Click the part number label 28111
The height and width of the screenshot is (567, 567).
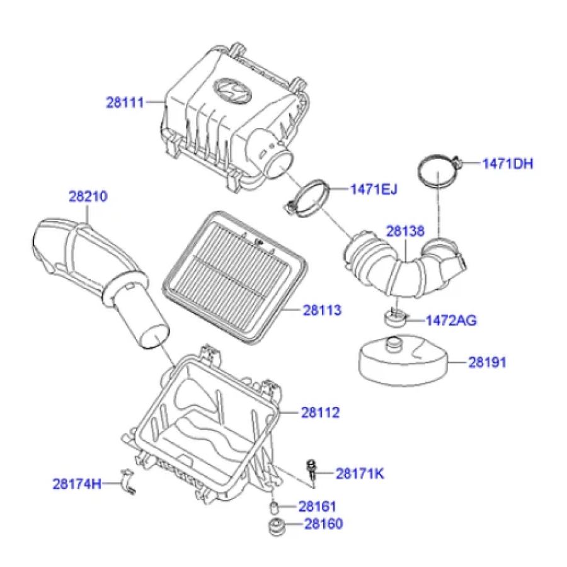point(125,101)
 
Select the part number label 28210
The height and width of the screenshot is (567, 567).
point(88,197)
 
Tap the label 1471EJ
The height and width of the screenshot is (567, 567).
point(374,188)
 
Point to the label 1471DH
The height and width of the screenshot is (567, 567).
point(508,164)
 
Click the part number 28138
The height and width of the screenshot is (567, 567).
point(405,231)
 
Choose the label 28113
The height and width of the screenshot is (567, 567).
point(321,310)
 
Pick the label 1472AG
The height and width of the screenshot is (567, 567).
point(451,321)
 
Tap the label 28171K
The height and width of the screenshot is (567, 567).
point(360,474)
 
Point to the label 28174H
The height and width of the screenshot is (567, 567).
point(76,484)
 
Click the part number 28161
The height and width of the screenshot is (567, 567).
point(318,507)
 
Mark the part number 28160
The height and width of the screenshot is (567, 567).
point(324,524)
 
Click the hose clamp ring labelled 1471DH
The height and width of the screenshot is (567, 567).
point(438,171)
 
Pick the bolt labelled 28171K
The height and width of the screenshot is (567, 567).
point(311,470)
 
